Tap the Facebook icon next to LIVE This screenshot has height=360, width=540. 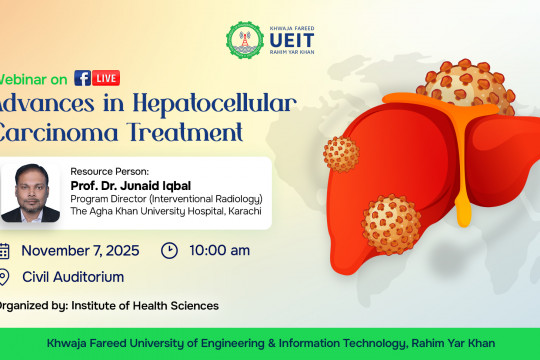click(83, 78)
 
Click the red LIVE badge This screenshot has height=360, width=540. click(107, 78)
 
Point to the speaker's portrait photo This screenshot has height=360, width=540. click(30, 189)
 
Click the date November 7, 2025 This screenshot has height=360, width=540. click(80, 250)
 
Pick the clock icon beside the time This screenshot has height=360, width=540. click(170, 250)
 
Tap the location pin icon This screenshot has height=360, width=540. click(4, 277)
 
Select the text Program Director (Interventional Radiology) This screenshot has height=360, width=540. click(181, 199)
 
